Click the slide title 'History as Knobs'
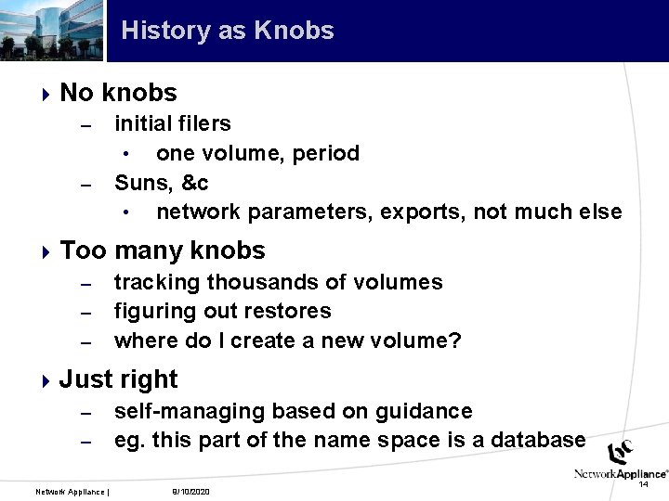[x=227, y=31]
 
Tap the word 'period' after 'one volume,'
[x=326, y=153]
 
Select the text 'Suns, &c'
[x=161, y=183]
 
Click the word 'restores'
[x=290, y=312]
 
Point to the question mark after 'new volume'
[x=454, y=340]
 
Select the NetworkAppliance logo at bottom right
[x=621, y=461]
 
